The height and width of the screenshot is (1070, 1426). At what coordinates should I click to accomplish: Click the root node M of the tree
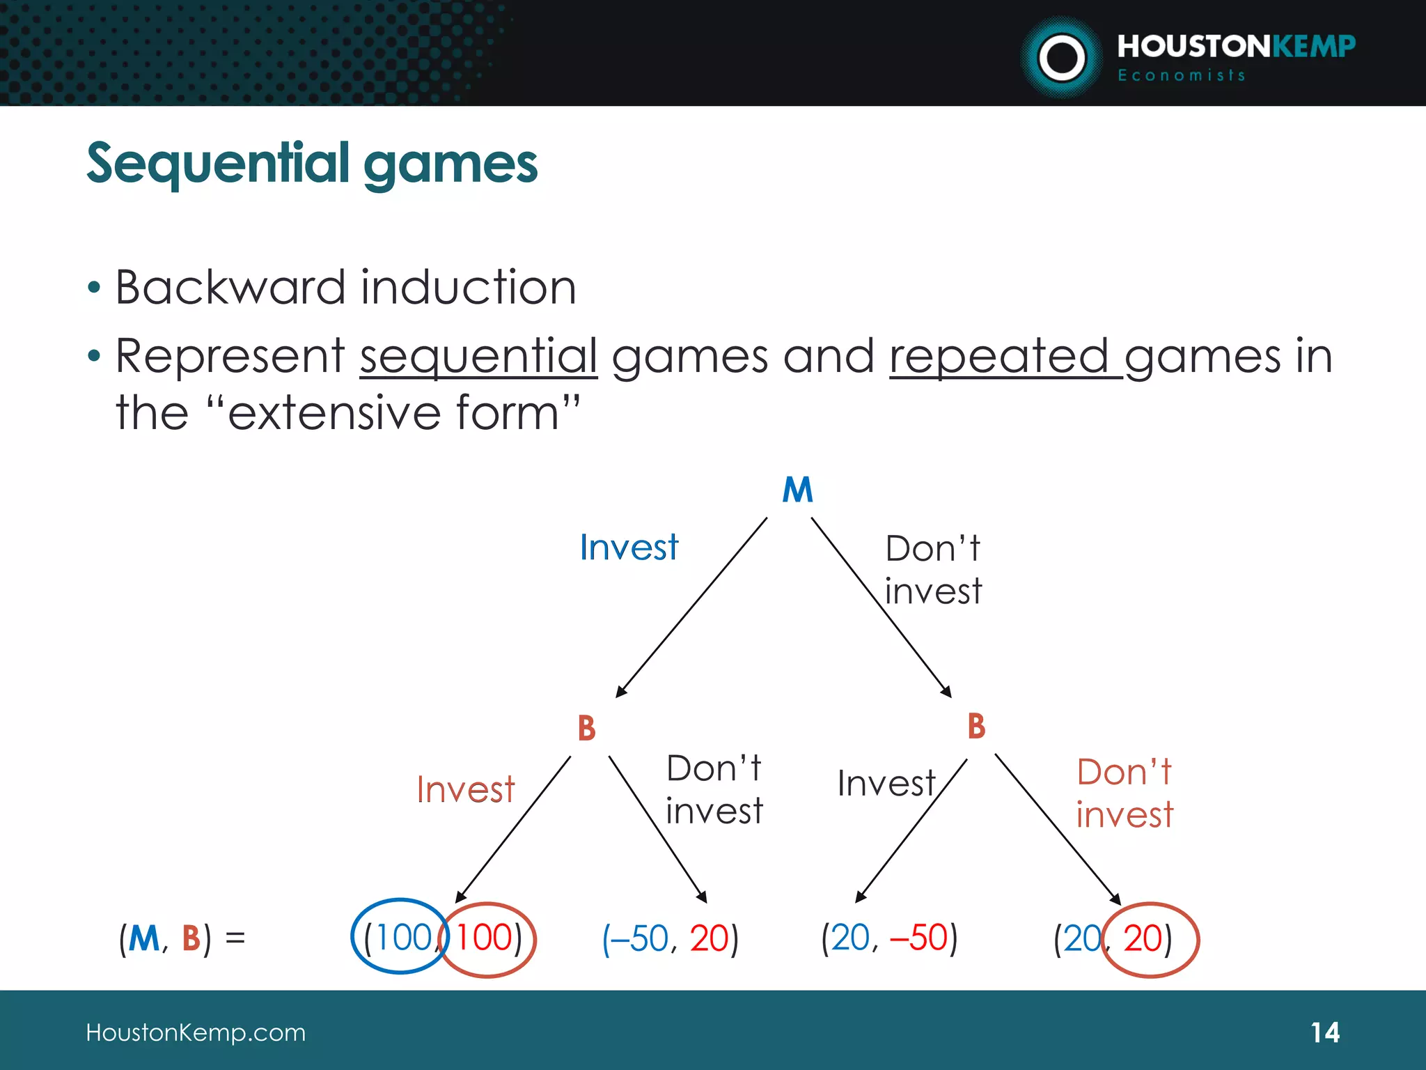(797, 490)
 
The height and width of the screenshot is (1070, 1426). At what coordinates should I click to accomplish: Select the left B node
(587, 729)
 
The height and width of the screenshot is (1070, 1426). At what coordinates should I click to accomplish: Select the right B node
(976, 727)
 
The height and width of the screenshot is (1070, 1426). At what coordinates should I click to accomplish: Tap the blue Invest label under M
(629, 548)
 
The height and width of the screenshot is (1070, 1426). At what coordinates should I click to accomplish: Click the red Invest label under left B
(465, 790)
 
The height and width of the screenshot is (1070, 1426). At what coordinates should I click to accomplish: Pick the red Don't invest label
(1125, 793)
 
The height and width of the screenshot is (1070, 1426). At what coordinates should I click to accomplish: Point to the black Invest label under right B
(886, 784)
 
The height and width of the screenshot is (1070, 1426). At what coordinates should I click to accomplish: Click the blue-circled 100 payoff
(402, 938)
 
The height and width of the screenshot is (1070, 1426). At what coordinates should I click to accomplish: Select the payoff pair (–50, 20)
(670, 939)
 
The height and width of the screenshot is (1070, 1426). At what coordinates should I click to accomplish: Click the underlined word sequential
(478, 357)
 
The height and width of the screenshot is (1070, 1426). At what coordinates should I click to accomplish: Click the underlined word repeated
(998, 357)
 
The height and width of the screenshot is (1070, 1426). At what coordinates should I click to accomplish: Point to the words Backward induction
(345, 287)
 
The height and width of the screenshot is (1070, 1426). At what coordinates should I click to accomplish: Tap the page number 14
(1324, 1032)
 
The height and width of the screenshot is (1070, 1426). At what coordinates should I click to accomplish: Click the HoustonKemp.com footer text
(196, 1032)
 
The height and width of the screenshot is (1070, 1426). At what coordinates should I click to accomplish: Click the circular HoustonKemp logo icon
(1061, 58)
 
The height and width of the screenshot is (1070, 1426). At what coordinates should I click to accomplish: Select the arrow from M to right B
(881, 606)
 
